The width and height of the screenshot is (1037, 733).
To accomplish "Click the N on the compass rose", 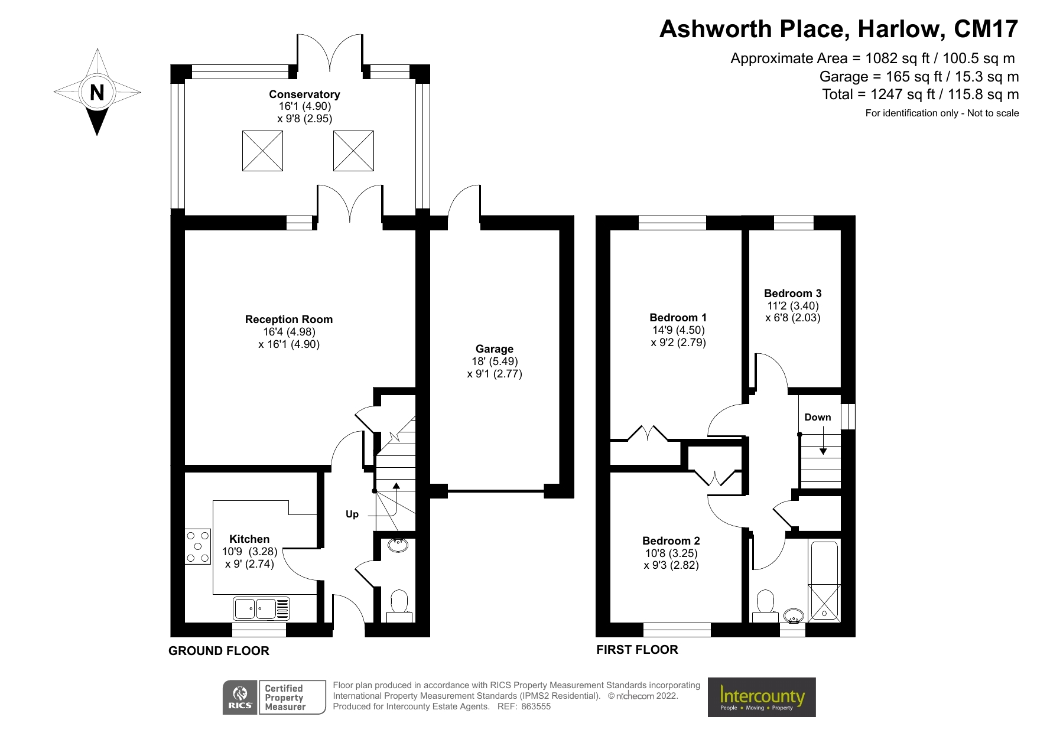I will click(x=97, y=93).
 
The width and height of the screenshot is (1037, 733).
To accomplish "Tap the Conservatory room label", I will click(x=304, y=95).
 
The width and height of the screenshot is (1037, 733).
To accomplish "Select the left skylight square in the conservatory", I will click(x=262, y=151).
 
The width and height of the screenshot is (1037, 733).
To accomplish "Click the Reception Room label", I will click(x=289, y=320).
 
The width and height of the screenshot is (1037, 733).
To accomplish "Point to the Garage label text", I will click(x=494, y=349).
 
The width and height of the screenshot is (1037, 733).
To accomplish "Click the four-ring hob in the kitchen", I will click(x=198, y=546).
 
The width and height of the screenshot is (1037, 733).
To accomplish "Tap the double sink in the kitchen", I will click(x=262, y=608).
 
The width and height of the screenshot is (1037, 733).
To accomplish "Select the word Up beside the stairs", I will click(x=352, y=514).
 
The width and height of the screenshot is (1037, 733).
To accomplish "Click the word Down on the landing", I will click(x=817, y=418).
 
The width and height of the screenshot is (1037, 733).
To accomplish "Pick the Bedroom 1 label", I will click(x=678, y=318).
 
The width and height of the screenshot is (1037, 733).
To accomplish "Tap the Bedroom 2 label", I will click(x=671, y=541).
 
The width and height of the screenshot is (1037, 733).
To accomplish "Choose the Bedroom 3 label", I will click(x=792, y=294).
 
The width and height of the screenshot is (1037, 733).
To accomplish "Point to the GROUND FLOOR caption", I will click(x=219, y=651).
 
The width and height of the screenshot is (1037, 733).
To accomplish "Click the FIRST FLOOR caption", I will click(x=637, y=650).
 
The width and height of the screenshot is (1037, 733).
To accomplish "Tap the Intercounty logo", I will click(x=762, y=698).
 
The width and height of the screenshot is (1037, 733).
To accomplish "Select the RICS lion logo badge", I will click(x=240, y=698).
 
